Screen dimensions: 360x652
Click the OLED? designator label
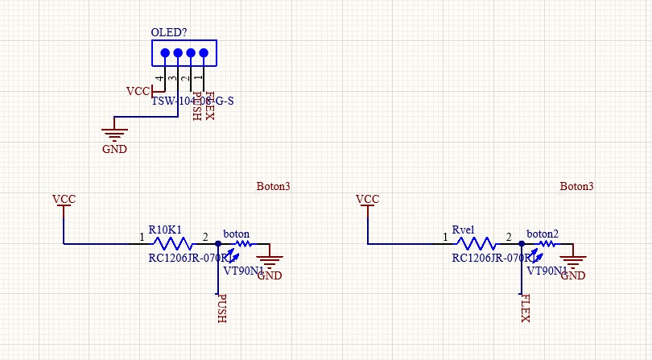tap(169, 33)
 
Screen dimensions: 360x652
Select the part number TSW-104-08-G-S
tap(192, 101)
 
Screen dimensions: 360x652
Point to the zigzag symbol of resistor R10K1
tap(172, 243)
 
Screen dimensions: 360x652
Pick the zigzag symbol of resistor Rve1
tap(476, 243)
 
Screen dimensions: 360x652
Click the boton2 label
tap(542, 234)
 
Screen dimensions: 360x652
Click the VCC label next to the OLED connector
tap(138, 91)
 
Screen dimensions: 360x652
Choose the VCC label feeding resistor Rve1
tap(367, 199)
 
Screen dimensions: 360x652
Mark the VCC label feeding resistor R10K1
tap(64, 199)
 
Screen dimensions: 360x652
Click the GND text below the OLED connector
tap(113, 149)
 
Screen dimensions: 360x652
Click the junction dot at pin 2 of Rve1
tap(522, 243)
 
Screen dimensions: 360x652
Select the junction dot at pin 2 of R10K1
tap(218, 243)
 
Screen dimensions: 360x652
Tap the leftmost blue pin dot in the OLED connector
tap(165, 54)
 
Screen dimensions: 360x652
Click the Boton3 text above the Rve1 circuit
tap(576, 186)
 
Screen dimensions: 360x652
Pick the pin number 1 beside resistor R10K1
tap(142, 238)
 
